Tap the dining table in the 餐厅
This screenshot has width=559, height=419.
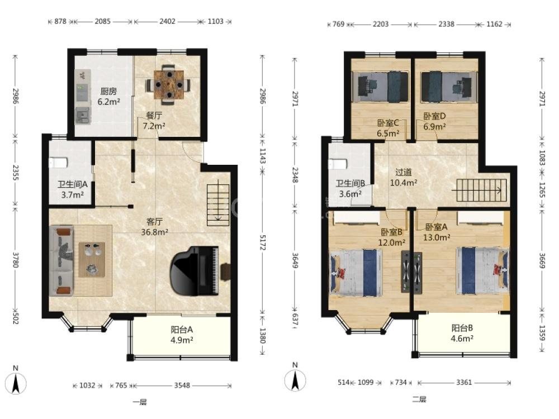169,85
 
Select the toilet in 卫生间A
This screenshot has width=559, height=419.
58,163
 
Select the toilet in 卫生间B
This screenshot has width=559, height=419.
337,164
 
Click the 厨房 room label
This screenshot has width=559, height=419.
109,92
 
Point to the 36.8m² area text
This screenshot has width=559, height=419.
155,232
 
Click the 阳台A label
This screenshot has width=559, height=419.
182,330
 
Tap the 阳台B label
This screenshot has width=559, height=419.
462,328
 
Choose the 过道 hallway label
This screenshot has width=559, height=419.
404,173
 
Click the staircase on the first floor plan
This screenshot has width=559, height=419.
218,205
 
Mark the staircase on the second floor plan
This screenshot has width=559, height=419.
482,191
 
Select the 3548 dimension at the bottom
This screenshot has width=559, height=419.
182,385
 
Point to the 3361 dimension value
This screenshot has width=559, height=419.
464,383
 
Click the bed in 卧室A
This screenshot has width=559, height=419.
483,271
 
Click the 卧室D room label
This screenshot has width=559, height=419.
434,116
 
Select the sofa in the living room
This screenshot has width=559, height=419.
61,261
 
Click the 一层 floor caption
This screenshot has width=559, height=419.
140,402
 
